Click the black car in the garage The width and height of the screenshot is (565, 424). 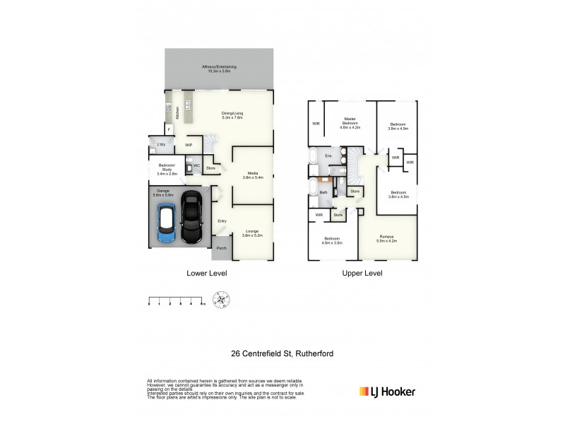(x=191, y=217)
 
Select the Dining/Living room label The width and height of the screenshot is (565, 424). (x=232, y=116)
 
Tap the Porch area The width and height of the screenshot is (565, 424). (x=222, y=248)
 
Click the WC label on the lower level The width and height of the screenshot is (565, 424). (x=197, y=167)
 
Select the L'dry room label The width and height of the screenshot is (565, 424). (x=161, y=144)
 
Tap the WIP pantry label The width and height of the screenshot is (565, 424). (x=189, y=145)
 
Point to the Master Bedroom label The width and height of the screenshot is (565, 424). (x=350, y=123)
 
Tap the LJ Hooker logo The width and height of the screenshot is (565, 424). (x=387, y=391)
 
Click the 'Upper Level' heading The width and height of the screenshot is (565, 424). (x=362, y=273)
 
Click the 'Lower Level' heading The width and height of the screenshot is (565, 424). (x=206, y=273)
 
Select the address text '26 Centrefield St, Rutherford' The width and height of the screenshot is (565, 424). (x=282, y=353)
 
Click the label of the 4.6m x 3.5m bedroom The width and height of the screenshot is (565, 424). (x=331, y=240)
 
